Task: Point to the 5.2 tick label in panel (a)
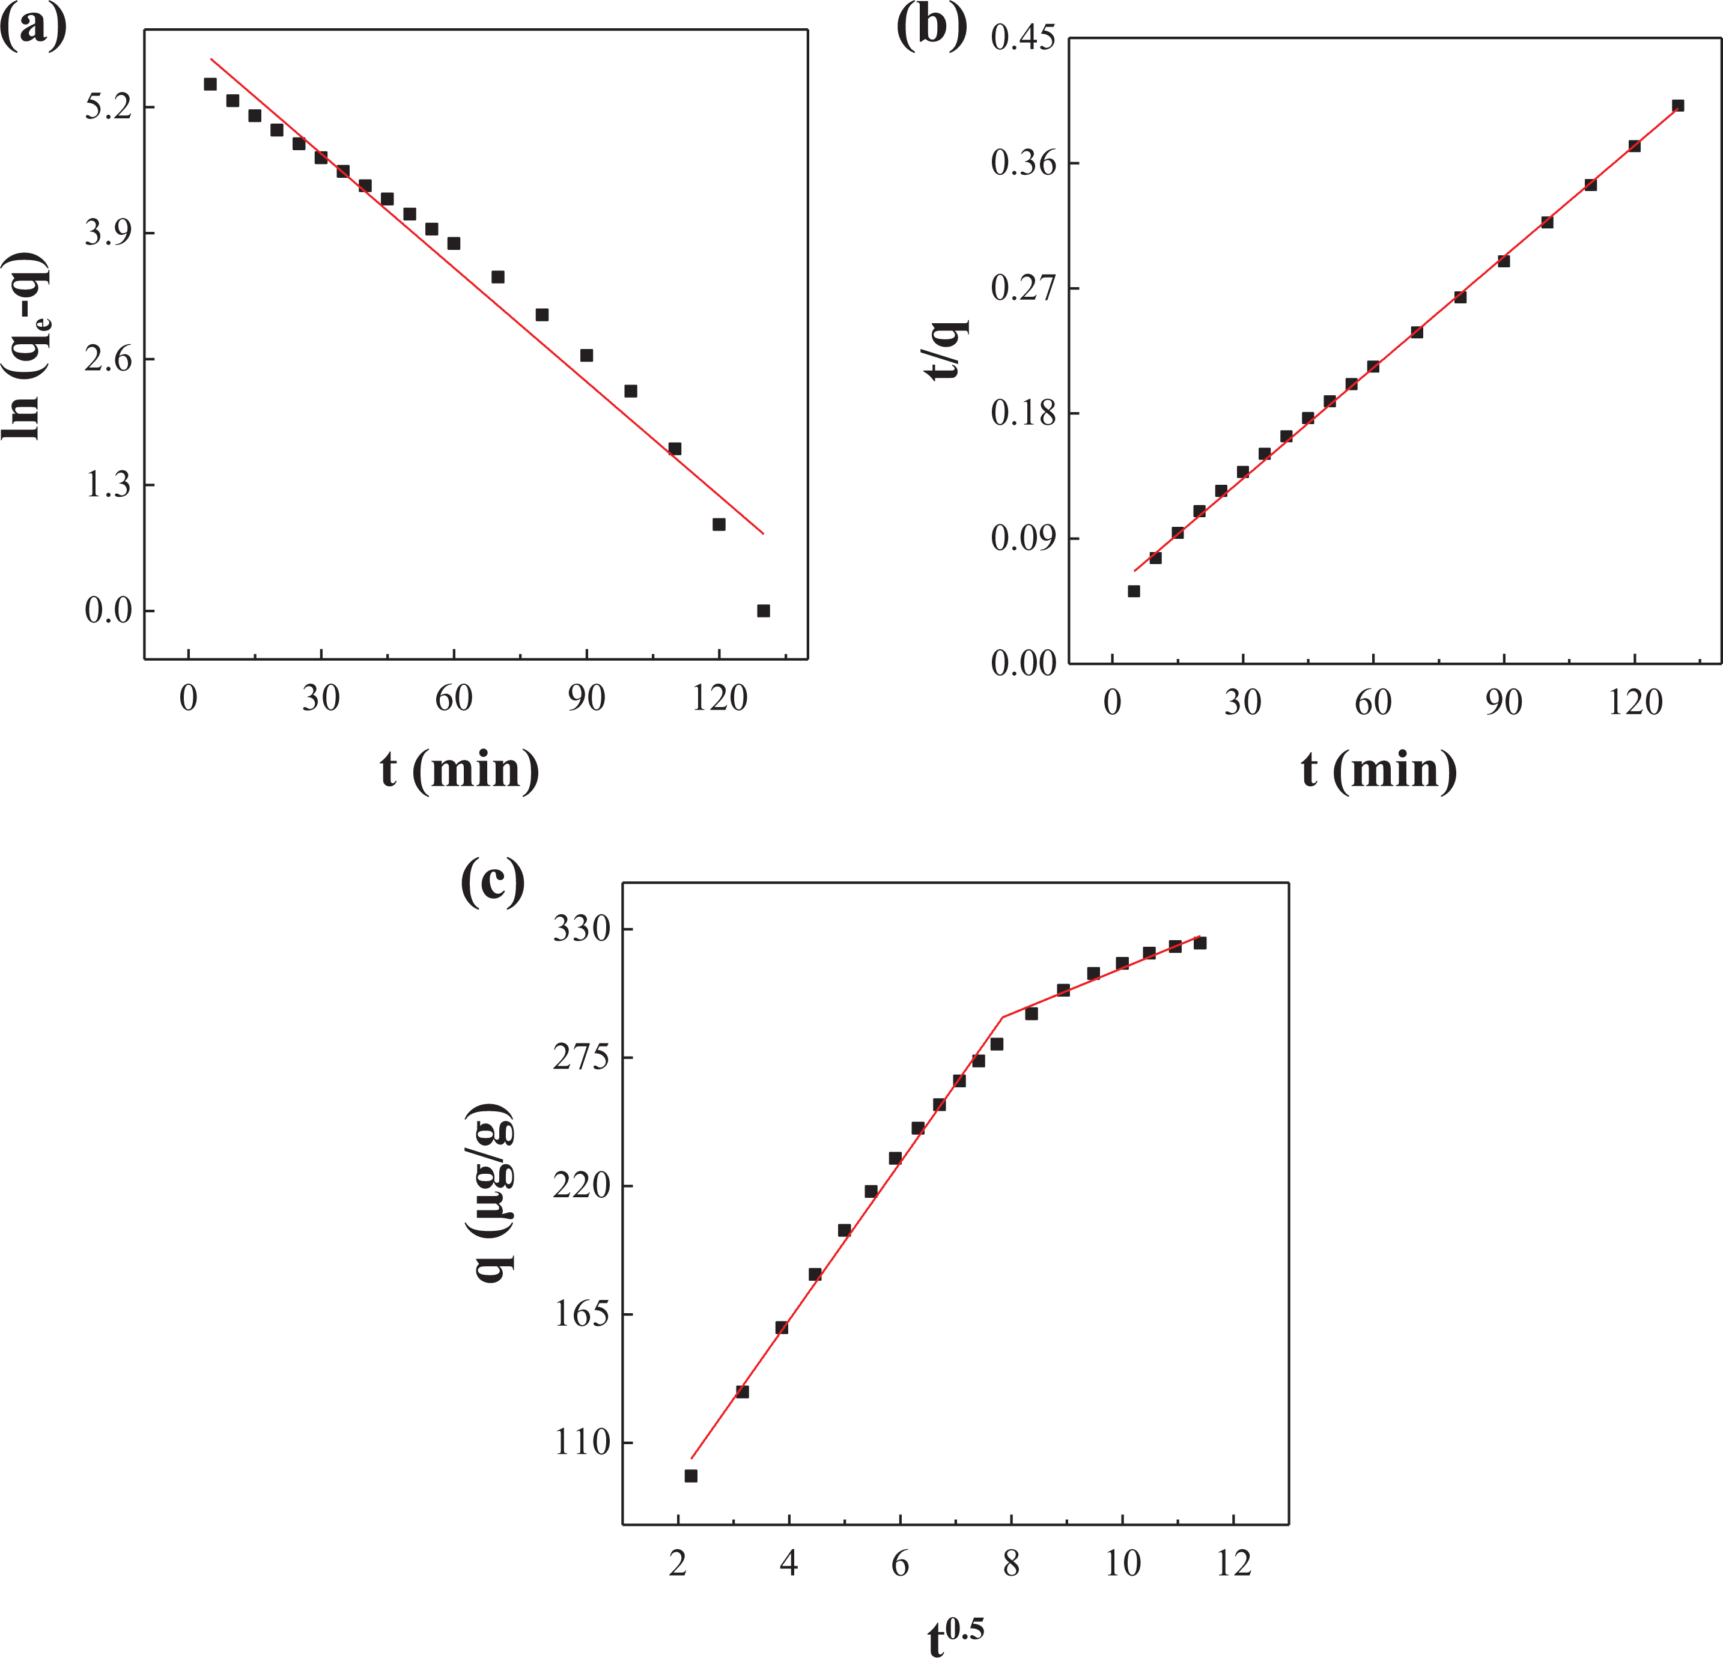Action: tap(108, 108)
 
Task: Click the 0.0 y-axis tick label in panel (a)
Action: tap(108, 611)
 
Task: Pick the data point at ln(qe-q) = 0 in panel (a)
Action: tap(763, 611)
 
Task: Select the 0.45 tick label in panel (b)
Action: tap(1023, 38)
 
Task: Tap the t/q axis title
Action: tap(947, 350)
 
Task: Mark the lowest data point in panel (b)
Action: tap(1134, 591)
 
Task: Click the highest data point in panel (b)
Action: tap(1677, 106)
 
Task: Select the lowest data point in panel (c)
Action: tap(691, 1476)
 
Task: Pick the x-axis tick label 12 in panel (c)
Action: tap(1234, 1564)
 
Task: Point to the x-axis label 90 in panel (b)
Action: tap(1503, 702)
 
